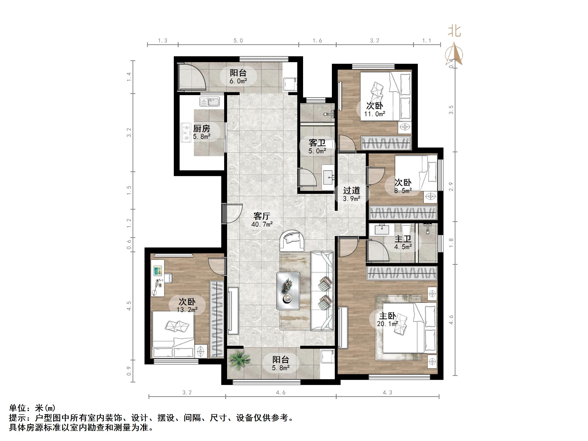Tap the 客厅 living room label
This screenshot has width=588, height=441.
tap(262, 216)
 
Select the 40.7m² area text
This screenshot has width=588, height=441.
tap(262, 224)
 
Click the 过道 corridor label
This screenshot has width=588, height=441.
tap(351, 190)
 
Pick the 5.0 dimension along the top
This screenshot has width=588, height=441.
tap(238, 41)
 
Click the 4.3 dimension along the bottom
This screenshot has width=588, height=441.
tap(387, 393)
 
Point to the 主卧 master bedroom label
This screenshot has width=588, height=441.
tap(387, 316)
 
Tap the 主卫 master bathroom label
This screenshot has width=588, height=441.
tap(403, 239)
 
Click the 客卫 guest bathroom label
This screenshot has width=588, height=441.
tap(317, 143)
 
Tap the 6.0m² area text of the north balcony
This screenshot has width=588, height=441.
tap(238, 81)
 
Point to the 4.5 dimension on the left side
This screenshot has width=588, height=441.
tap(129, 306)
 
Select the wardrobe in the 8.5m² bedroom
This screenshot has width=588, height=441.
tap(403, 213)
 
